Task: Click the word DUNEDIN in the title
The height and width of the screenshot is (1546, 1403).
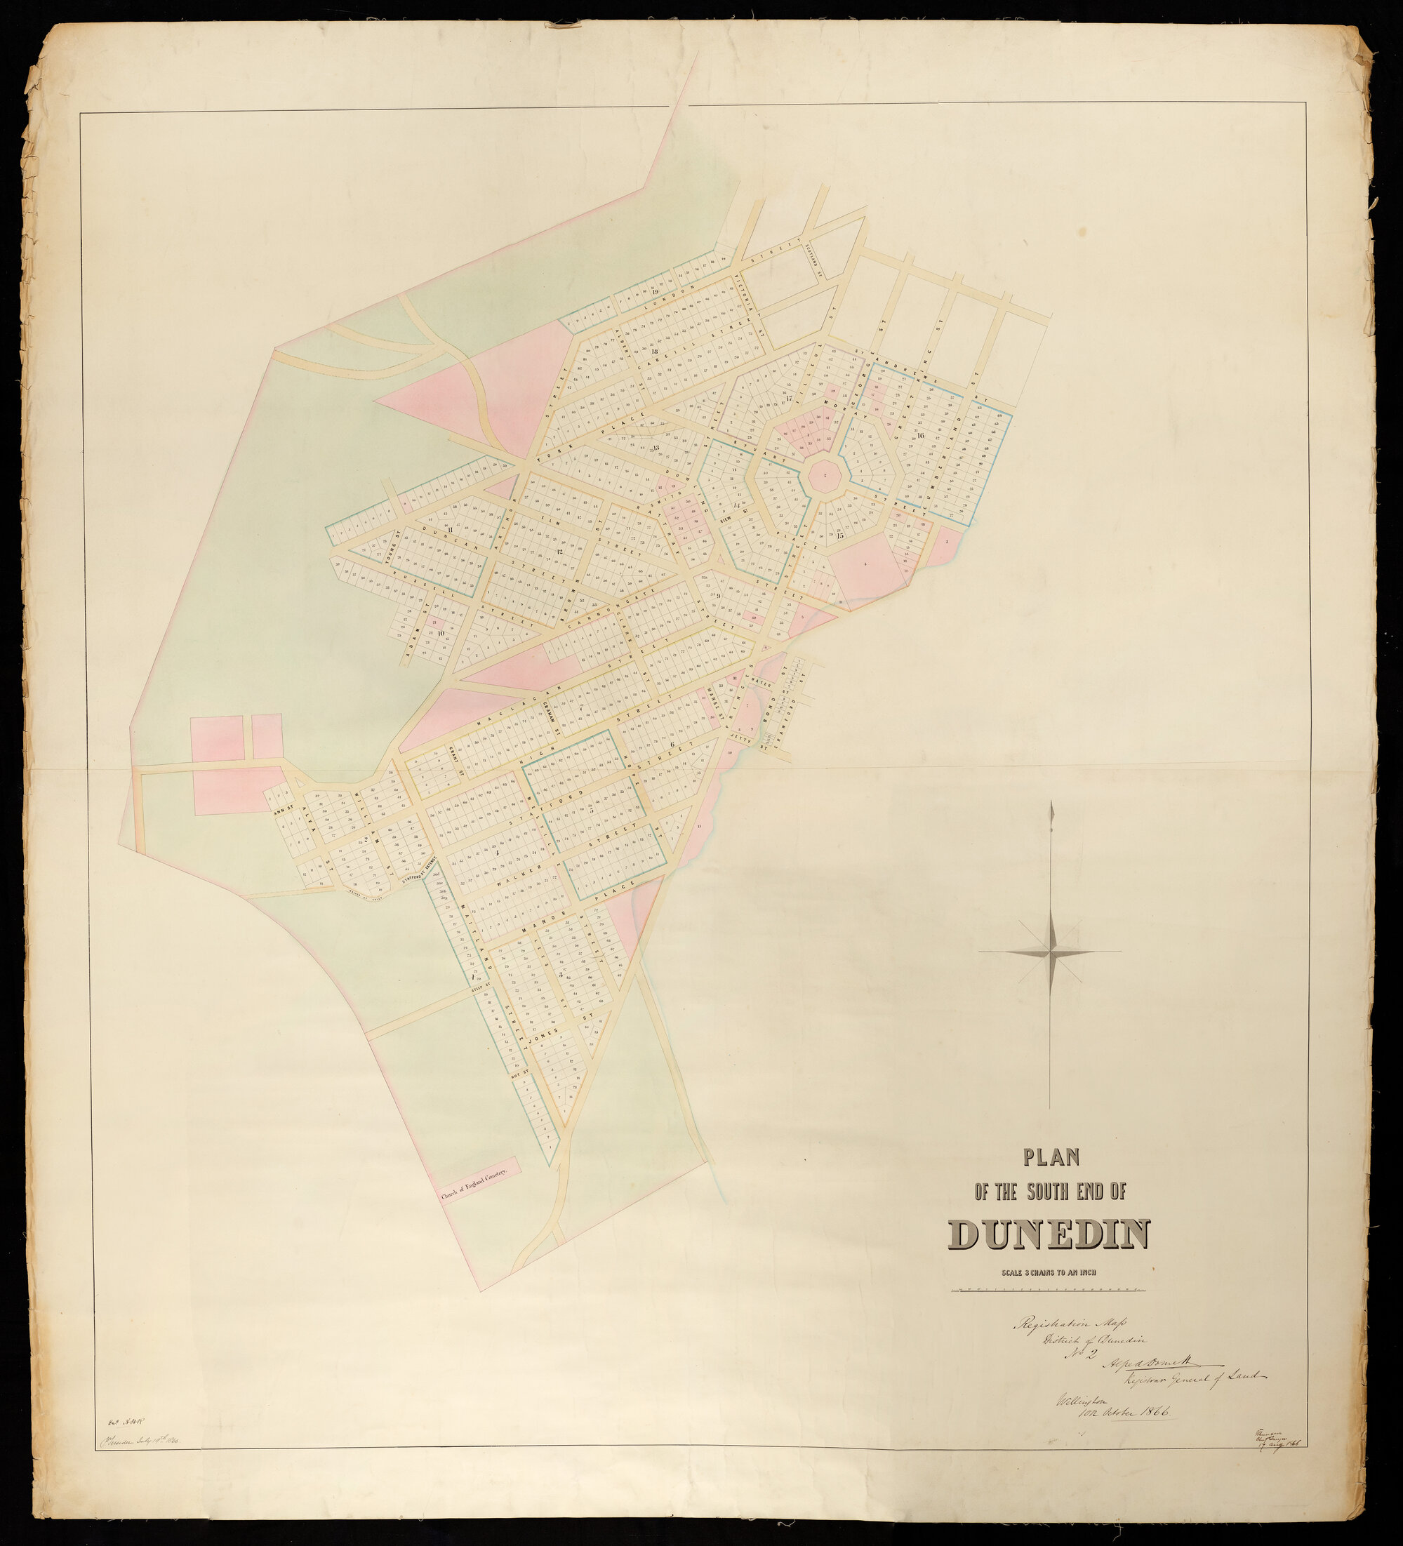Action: [1050, 1233]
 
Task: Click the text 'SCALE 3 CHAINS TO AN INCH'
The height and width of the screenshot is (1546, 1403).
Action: [1049, 1272]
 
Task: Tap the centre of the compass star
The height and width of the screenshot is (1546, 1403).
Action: [1050, 952]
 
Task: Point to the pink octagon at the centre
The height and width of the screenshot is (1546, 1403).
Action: [824, 477]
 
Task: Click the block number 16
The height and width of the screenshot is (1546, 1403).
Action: [921, 435]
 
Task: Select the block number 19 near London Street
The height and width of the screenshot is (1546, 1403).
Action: [655, 291]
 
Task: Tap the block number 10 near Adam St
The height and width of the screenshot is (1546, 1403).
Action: [440, 633]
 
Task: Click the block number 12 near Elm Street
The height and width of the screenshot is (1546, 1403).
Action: [559, 552]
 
